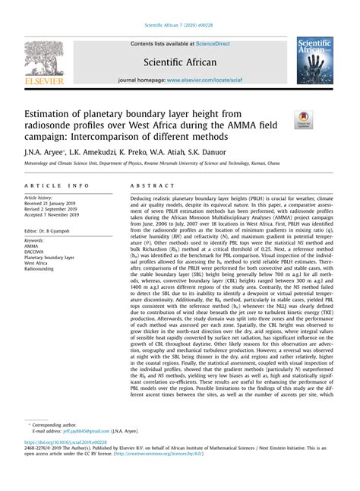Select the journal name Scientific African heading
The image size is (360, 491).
point(180,61)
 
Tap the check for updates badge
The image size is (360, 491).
point(304,119)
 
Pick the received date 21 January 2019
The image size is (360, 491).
point(58,204)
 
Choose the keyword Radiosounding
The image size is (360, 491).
point(44,268)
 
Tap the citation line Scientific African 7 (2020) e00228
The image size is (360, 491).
point(180,26)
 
